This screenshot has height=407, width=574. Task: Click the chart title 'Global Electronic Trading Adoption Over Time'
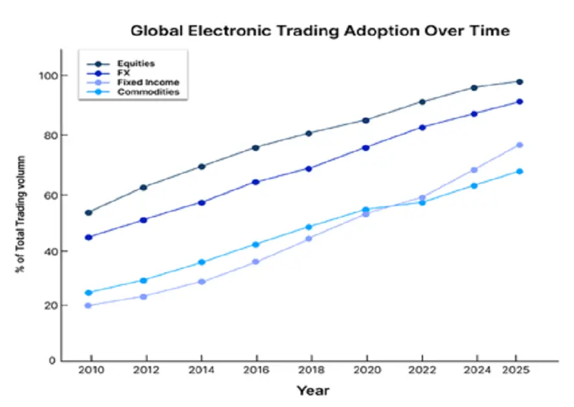tap(320, 30)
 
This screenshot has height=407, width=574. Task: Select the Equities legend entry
tap(136, 64)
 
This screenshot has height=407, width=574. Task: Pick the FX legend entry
tap(122, 73)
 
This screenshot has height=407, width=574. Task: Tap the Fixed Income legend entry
tap(148, 82)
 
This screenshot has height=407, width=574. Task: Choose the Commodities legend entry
tap(148, 92)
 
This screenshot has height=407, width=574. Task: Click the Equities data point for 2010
tap(89, 213)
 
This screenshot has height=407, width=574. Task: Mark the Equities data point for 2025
tap(520, 82)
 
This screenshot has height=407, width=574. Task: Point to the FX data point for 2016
tap(256, 182)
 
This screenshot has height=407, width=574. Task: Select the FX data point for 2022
tap(422, 127)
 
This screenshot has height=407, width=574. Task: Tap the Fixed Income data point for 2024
tap(474, 170)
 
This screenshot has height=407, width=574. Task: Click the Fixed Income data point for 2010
tap(89, 305)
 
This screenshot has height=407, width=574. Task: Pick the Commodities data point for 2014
tap(201, 262)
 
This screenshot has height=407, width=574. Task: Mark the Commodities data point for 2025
tap(520, 171)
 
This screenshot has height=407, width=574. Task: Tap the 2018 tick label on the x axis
tap(311, 373)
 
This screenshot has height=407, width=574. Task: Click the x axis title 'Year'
tap(313, 391)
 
